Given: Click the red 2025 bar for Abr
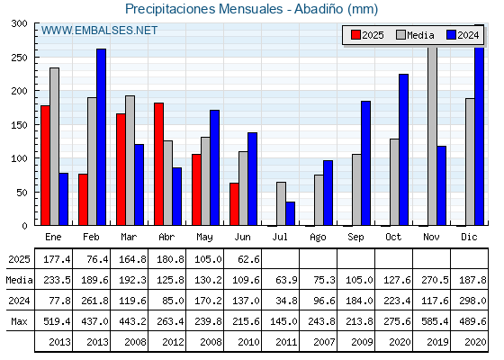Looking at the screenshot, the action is pos(158,164).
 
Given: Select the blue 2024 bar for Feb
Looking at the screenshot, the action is pos(101,137).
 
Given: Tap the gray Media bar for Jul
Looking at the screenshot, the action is pos(281,203).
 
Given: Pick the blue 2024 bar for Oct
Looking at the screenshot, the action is pos(404,149).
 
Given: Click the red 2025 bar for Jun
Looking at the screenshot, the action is pos(234,204).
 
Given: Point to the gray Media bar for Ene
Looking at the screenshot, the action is pos(54,147).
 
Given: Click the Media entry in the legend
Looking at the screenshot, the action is pos(415,35).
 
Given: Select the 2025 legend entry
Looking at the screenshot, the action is pos(367,35).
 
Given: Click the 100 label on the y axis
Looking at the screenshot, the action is pos(19,158).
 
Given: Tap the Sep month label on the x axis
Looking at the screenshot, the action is pos(355,238).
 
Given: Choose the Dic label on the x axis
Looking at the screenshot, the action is pos(469,237).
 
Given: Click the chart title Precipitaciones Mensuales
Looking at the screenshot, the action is pos(203,9).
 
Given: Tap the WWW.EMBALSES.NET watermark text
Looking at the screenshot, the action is pos(99,31).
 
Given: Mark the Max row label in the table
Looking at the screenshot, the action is pos(19,321).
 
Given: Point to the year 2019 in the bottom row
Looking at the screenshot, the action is pos(437,342).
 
